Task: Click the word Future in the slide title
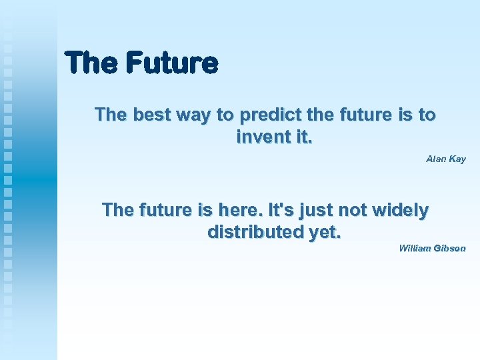click(x=171, y=63)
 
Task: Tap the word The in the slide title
click(x=92, y=63)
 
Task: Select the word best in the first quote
click(x=151, y=115)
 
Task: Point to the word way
click(x=193, y=115)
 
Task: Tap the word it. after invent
click(x=300, y=137)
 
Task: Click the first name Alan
click(x=437, y=159)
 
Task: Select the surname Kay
click(x=458, y=159)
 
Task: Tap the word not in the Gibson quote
click(x=354, y=210)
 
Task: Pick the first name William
click(x=415, y=248)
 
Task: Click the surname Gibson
click(x=450, y=248)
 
